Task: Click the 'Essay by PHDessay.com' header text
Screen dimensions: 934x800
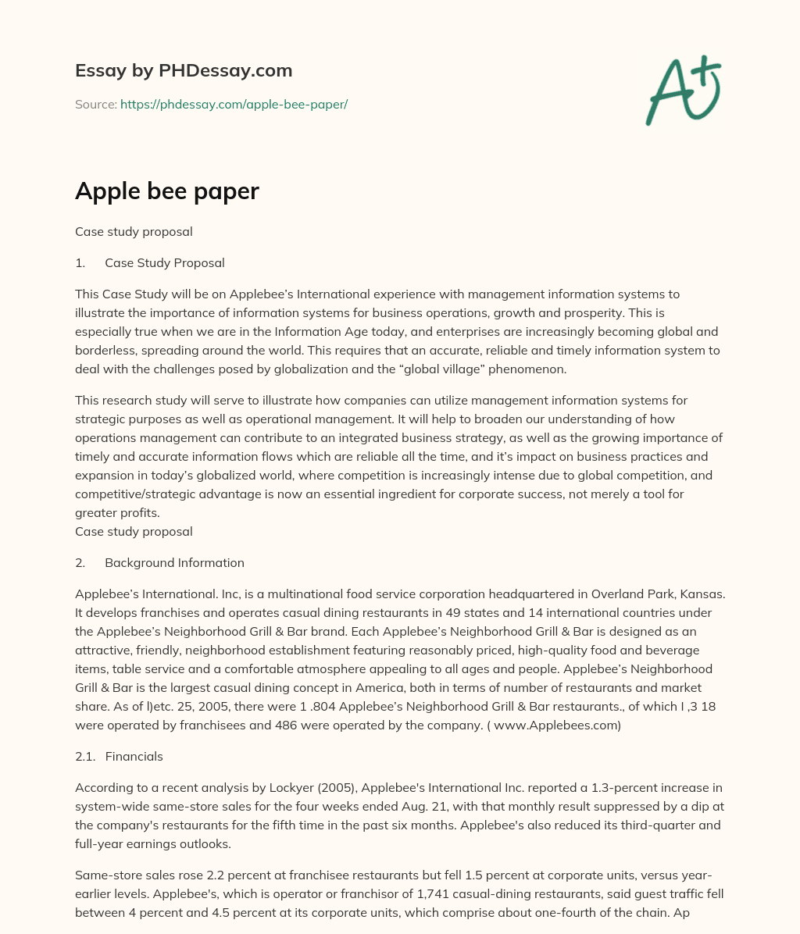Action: tap(184, 71)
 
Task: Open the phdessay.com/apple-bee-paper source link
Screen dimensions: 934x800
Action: tap(234, 104)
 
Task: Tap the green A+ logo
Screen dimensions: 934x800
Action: tap(682, 91)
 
